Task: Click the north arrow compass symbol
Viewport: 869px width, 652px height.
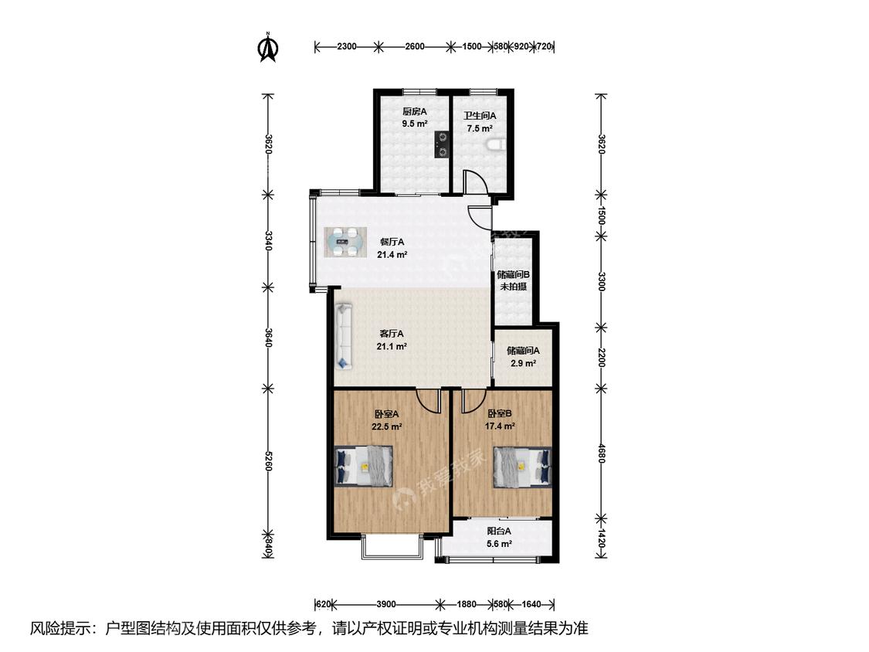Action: point(268,48)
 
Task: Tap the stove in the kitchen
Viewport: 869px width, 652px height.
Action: point(443,144)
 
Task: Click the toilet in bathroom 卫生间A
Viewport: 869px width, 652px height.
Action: point(495,145)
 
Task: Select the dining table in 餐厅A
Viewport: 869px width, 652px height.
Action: point(345,243)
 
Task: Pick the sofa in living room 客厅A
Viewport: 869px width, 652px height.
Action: point(344,336)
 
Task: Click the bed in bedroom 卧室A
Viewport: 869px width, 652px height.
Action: point(364,467)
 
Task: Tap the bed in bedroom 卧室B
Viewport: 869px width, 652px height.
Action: point(522,467)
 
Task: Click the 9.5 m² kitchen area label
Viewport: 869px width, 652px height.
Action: point(415,124)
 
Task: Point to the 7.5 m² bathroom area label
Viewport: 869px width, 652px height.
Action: point(480,129)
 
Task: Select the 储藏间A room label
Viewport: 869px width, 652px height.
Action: point(523,351)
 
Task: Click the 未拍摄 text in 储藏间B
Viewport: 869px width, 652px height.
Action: point(513,287)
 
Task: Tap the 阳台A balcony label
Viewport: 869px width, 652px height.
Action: point(499,531)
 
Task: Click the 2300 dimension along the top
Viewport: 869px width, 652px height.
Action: point(347,46)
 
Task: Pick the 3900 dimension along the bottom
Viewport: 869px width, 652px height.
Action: point(385,604)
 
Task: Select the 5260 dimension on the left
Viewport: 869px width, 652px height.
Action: point(268,460)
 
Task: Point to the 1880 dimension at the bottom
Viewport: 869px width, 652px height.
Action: point(467,604)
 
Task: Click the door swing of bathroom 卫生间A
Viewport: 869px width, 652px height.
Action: point(475,180)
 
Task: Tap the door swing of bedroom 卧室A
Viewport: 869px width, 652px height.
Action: point(428,400)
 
